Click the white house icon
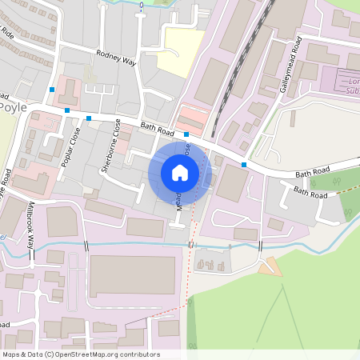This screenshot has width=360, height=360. pos(180,173)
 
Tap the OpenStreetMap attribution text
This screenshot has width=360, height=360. pos(81,354)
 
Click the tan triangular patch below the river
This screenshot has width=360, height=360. pos(270,266)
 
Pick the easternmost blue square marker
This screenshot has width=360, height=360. pos(244,165)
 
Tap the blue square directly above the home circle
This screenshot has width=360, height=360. pos(186,134)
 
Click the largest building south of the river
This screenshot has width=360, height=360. pos(132,275)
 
